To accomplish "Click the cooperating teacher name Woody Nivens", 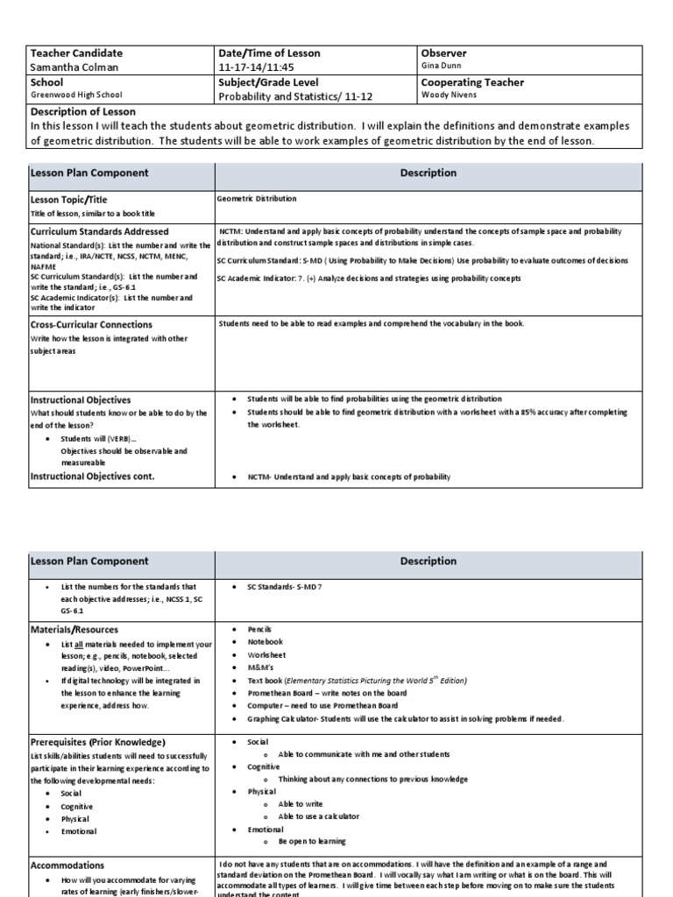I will point(450,95).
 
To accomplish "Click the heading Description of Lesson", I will point(83,111).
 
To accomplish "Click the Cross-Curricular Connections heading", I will point(91,324).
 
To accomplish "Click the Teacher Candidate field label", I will point(77,53).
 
